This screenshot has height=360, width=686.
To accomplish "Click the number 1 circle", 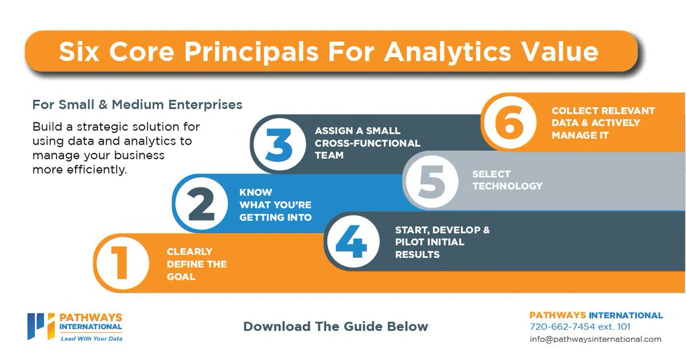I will tap(121, 263).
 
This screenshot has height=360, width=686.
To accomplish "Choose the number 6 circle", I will tap(508, 122).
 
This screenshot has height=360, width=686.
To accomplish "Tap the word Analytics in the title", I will tap(446, 52).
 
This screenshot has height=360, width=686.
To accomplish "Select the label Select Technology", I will tap(507, 180).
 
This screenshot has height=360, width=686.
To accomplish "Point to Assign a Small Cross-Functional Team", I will tap(367, 143).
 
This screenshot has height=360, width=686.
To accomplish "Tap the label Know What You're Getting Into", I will tap(275, 205).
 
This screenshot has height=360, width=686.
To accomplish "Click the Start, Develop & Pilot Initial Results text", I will tap(442, 242).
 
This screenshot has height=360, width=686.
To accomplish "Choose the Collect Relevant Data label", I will tap(603, 123).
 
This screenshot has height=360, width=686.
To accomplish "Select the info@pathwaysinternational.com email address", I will tap(595, 339).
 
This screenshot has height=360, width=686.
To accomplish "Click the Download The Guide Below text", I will tap(336, 327).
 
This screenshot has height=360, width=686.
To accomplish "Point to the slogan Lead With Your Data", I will tap(91, 338).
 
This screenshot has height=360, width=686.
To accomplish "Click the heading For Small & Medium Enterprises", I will tap(137, 105).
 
